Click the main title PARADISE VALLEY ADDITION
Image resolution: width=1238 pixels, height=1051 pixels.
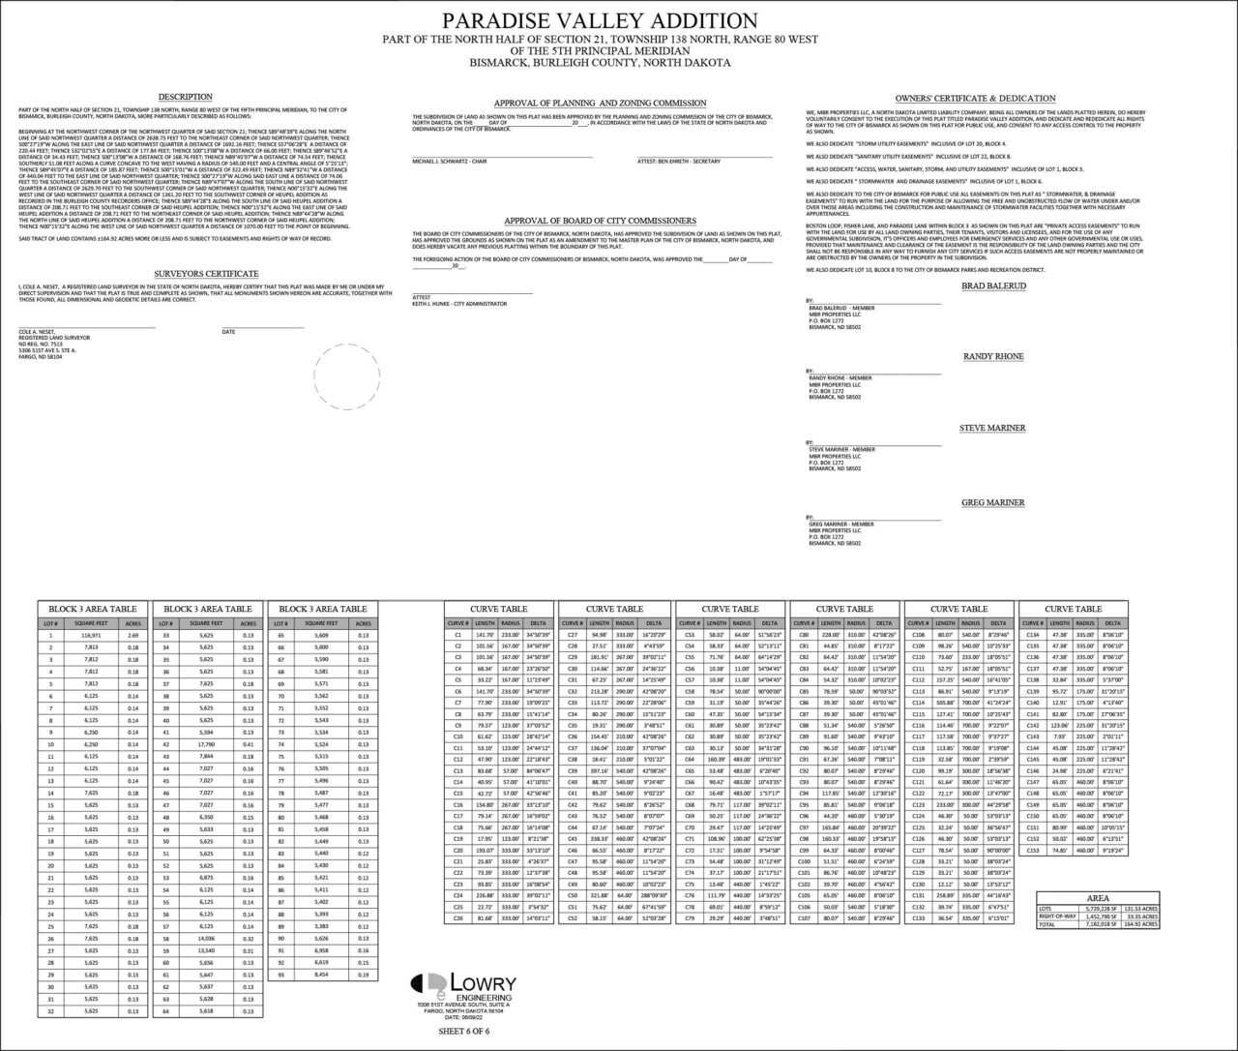[600, 21]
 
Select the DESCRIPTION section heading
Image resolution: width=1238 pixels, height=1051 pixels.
[186, 97]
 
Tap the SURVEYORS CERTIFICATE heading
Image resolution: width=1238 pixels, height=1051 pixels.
[206, 274]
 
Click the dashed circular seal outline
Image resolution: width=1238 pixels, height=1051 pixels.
[347, 378]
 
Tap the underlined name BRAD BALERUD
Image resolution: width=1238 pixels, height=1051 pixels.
[993, 286]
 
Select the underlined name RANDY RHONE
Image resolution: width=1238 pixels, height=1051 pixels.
[993, 357]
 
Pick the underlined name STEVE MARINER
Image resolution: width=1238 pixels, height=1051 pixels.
[992, 428]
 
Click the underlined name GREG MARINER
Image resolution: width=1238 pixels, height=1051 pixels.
[992, 502]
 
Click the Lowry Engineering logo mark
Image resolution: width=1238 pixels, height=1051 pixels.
[427, 983]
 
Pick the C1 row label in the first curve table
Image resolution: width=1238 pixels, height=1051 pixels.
[457, 636]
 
